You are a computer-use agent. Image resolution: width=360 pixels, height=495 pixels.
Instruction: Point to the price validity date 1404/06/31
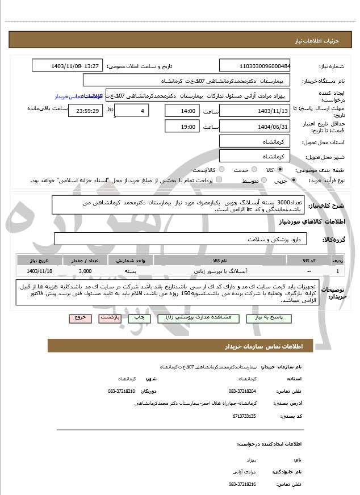[254, 127]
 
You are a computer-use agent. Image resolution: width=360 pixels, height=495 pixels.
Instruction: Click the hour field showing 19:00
[182, 127]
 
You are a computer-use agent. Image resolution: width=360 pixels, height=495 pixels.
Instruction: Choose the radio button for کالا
[280, 170]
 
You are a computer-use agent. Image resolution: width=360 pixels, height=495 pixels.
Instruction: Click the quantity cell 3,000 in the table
[85, 271]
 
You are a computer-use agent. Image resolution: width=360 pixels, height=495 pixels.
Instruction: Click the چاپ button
[139, 318]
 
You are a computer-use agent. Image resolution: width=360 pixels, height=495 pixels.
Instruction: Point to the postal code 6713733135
[243, 416]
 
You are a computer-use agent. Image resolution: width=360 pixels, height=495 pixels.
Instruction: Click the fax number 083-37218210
[122, 391]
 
